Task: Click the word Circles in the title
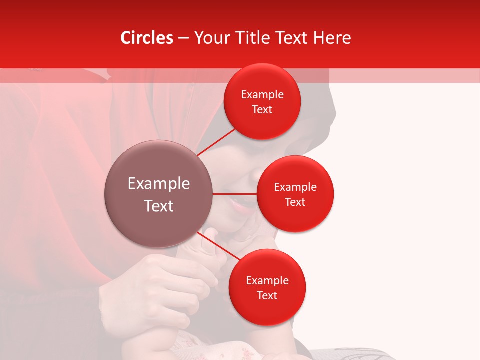click(x=147, y=38)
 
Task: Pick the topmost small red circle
click(x=262, y=101)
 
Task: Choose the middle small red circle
click(x=295, y=194)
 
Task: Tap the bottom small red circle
click(x=267, y=287)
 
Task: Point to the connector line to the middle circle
click(x=235, y=194)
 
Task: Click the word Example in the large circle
click(x=159, y=184)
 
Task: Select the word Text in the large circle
click(x=159, y=206)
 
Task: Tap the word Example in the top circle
click(x=262, y=95)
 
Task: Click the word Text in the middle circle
click(x=295, y=202)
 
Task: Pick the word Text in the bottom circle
click(x=267, y=295)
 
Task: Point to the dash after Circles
click(x=183, y=38)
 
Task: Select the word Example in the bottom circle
click(x=267, y=281)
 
